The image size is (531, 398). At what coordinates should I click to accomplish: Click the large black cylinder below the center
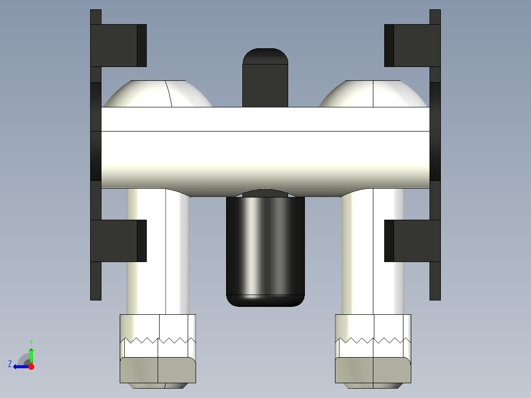pos(265,249)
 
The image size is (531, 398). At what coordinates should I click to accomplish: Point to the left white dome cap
pos(158,95)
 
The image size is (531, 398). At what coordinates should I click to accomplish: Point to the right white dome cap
pos(373,95)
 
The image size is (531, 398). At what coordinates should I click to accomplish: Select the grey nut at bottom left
pos(158,370)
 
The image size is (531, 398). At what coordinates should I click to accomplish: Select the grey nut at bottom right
pos(373,370)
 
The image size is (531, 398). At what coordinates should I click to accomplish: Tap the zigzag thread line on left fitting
pos(158,340)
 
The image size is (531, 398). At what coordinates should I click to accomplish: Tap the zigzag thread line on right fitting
pos(373,340)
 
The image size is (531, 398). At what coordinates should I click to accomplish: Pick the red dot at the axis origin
pos(31,366)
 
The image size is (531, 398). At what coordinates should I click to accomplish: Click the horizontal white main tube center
pos(265,148)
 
